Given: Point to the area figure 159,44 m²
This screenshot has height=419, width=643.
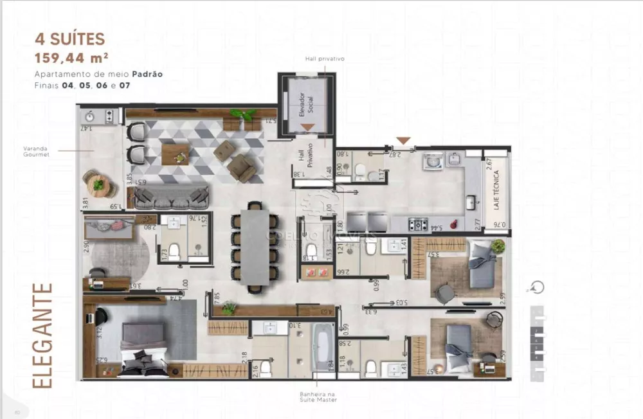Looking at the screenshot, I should [x=71, y=59].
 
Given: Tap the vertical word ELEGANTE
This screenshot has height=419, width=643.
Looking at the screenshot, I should [x=42, y=335].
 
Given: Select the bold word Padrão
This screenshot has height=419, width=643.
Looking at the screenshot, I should [x=149, y=74].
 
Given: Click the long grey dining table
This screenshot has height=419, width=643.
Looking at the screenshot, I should [x=256, y=246].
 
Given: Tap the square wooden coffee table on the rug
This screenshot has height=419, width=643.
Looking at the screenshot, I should [x=175, y=154].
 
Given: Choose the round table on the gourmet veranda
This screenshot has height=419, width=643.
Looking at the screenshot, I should [x=98, y=184].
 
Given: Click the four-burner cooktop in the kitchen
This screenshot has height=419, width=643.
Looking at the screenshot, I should [x=419, y=224].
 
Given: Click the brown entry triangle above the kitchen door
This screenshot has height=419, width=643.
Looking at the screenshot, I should [x=403, y=141].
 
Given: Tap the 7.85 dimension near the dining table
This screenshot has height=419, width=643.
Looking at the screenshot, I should [x=217, y=297].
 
